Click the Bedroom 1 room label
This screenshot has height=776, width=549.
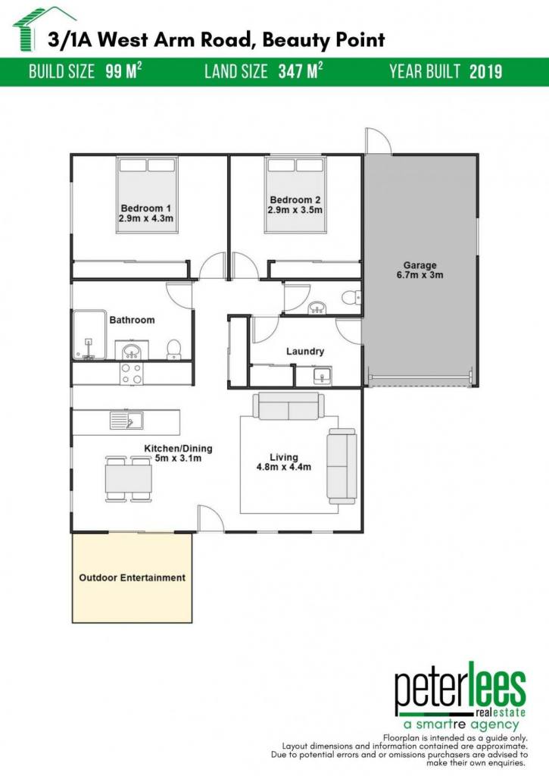[x=146, y=208]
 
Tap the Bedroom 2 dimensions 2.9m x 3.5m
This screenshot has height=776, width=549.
[x=295, y=210]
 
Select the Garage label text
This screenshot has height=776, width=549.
[x=420, y=265]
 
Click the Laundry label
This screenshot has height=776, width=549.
[x=305, y=352]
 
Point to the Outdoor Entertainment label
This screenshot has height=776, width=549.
[x=132, y=577]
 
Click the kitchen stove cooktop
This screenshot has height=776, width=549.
[x=132, y=374]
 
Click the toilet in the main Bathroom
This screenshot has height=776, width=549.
[x=173, y=349]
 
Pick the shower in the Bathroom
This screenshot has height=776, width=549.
[x=89, y=334]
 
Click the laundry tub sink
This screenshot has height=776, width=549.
[x=323, y=376]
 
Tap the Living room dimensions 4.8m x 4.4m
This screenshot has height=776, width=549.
[x=284, y=467]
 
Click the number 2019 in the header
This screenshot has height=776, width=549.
[x=485, y=72]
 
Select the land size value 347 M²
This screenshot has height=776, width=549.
[x=301, y=71]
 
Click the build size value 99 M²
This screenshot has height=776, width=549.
[x=123, y=71]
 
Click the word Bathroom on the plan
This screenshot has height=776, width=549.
[x=132, y=321]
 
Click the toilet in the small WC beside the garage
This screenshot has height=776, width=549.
[x=351, y=297]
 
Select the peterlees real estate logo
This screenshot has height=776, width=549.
[x=460, y=696]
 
